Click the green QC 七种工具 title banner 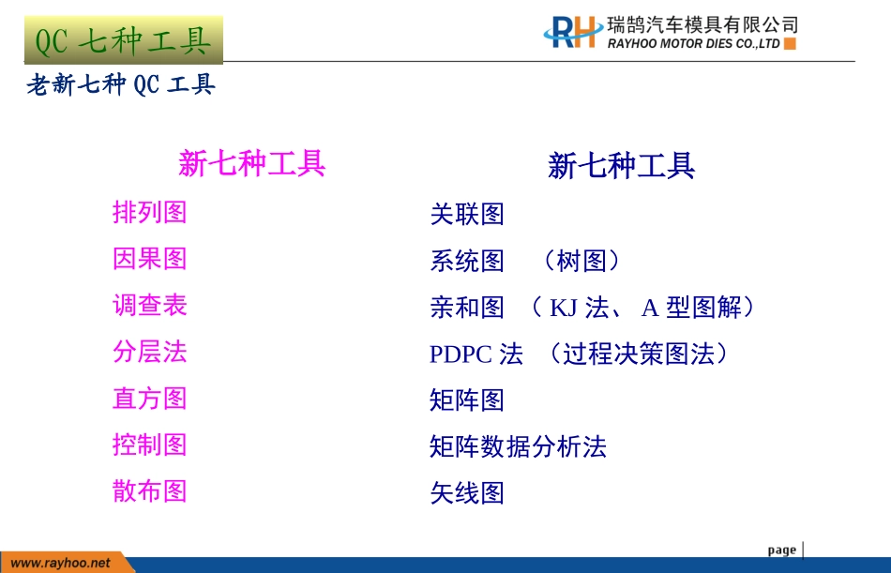pos(123,39)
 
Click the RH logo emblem pos(572,32)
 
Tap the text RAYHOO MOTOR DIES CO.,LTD pos(694,44)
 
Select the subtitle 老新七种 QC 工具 pos(122,85)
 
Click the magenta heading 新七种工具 pos(251,164)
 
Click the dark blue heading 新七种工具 pos(621,167)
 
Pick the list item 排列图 pos(150,212)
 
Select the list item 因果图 pos(150,259)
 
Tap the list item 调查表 pos(150,305)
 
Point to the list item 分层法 pos(150,352)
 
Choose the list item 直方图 pos(150,399)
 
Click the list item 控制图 pos(150,445)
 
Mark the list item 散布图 pos(150,490)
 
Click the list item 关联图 pos(467,214)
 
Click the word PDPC pos(461,354)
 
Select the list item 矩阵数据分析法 pos(518,446)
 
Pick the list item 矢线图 pos(467,493)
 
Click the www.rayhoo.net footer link pos(60,563)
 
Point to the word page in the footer pos(781,550)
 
